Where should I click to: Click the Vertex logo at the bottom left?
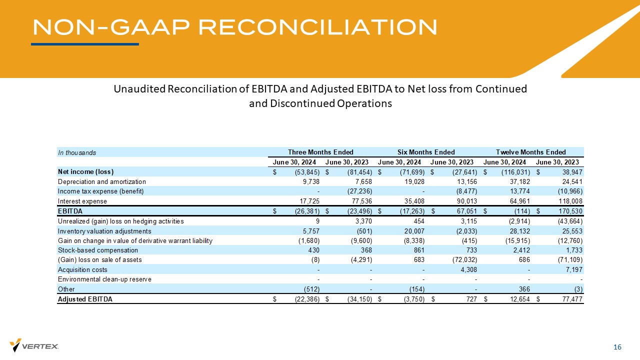34,345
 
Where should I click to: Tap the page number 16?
617,347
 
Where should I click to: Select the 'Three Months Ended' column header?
320,152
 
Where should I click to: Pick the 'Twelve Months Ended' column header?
530,152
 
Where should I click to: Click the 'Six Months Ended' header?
426,152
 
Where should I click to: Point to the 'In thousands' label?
76,152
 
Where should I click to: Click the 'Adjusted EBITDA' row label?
85,299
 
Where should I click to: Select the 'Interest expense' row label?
82,201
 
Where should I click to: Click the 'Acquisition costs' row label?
82,269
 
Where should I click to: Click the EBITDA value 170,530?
569,211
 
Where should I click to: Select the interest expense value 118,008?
569,201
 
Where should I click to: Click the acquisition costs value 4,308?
468,269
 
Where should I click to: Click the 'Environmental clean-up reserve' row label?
104,279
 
